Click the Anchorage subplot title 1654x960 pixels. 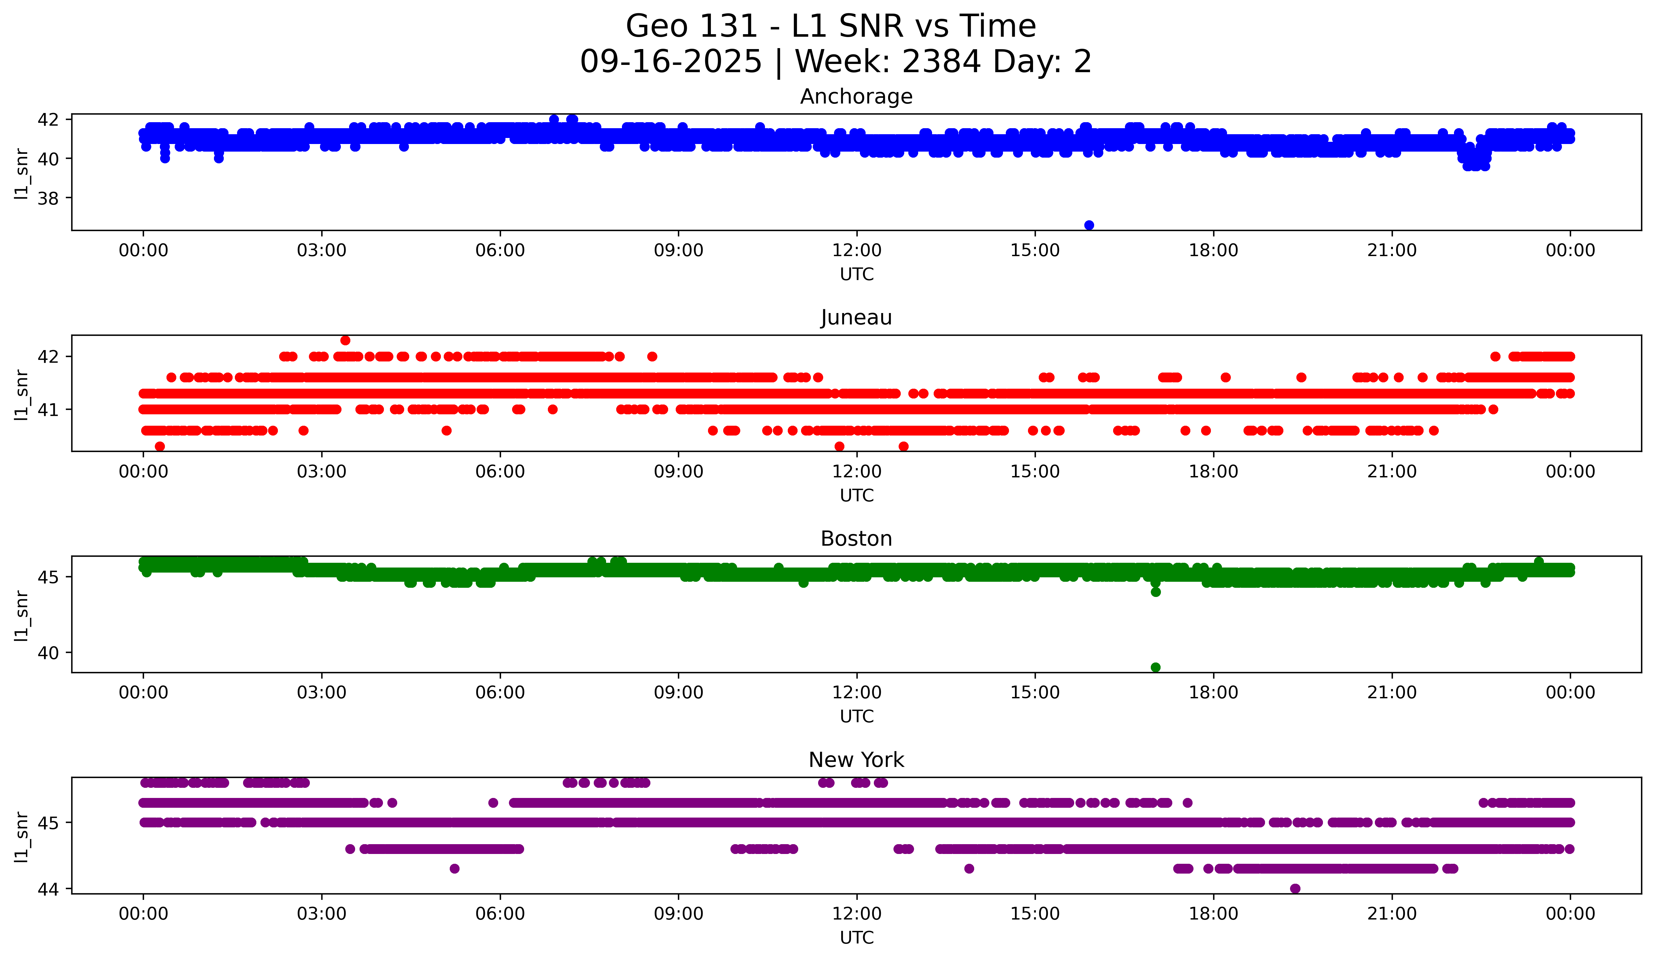[856, 97]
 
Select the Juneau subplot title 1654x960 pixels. [856, 317]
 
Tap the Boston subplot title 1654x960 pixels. [856, 539]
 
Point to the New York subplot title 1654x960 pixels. [856, 760]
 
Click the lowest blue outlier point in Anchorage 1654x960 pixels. [1089, 225]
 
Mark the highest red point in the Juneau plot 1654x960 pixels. [345, 341]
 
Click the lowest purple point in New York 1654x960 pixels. [1295, 888]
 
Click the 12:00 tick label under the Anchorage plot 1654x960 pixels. [856, 251]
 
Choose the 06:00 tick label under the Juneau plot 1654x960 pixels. [500, 472]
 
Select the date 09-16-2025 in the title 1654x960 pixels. [671, 62]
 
